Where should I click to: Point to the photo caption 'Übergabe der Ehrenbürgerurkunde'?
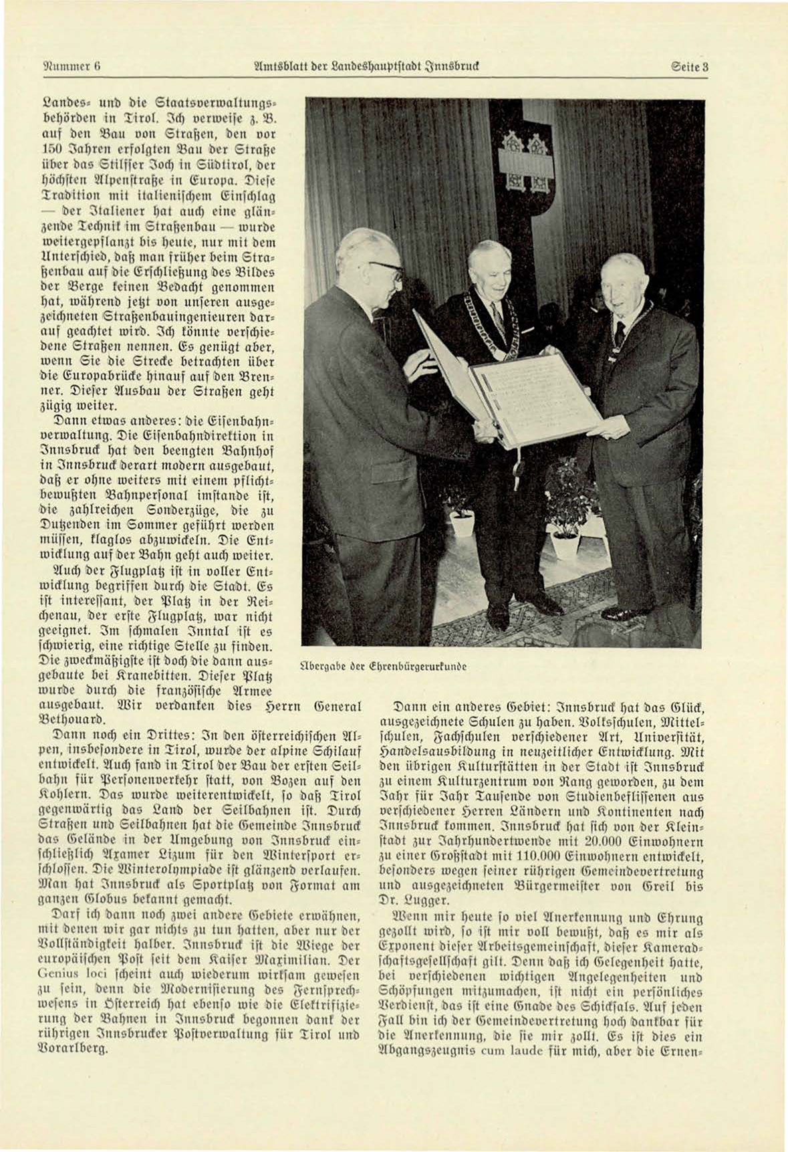tap(384, 666)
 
